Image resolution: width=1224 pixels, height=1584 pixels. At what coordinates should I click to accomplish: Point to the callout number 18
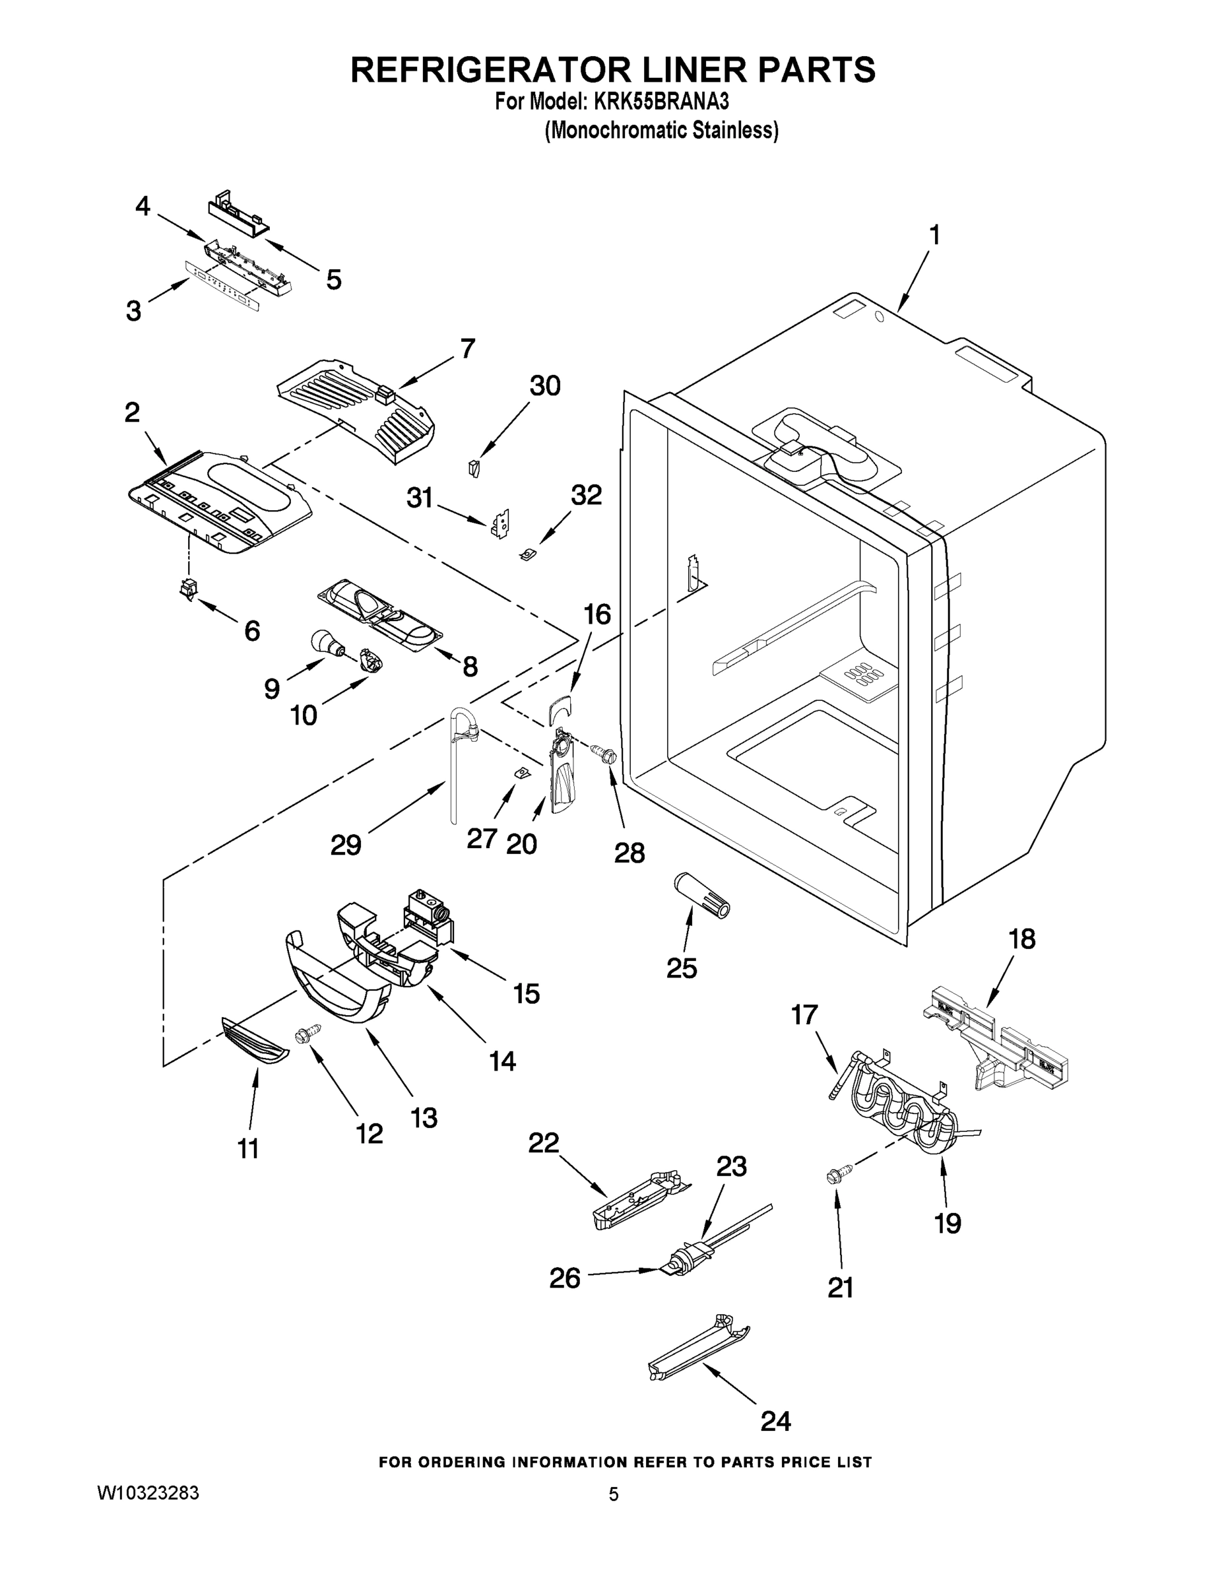(1021, 939)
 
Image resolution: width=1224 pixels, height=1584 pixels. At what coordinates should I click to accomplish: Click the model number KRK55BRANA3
(660, 102)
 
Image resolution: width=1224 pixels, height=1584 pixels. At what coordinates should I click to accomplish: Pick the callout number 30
(544, 386)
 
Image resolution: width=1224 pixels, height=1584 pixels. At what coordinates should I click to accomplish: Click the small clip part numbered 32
(528, 556)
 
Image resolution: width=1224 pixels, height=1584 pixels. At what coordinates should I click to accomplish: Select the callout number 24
(775, 1420)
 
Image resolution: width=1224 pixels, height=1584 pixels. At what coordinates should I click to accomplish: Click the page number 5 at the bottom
(614, 1494)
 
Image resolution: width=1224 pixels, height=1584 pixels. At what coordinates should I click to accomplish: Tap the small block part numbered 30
(475, 468)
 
